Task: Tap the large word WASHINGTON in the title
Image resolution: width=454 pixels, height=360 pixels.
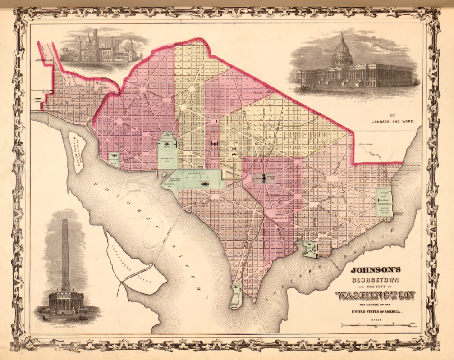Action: coord(375,296)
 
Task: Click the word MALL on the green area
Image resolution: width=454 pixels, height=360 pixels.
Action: coord(204,178)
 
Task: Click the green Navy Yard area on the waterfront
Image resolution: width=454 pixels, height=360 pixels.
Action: coord(310,249)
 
